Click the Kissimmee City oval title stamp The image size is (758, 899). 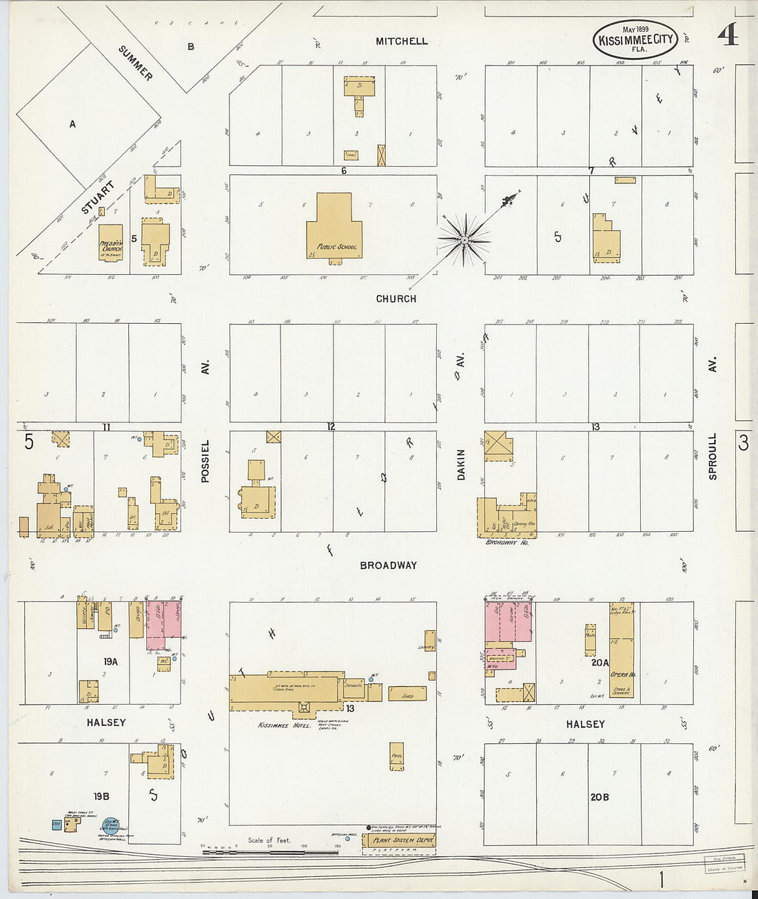tap(635, 39)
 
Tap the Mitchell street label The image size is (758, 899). tap(402, 41)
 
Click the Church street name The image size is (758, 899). tap(396, 299)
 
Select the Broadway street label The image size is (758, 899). tap(388, 566)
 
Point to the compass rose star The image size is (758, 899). tap(465, 240)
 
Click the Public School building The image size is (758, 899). tap(334, 227)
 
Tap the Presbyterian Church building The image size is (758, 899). tap(110, 242)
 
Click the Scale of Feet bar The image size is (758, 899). tap(270, 852)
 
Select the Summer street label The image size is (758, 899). tap(135, 63)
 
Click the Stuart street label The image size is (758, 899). tap(98, 197)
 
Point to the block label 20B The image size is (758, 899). tap(599, 797)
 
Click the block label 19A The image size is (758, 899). tap(110, 661)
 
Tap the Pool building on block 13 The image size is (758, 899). tap(396, 756)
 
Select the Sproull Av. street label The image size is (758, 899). tap(713, 456)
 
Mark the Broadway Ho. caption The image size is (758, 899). tap(506, 542)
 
